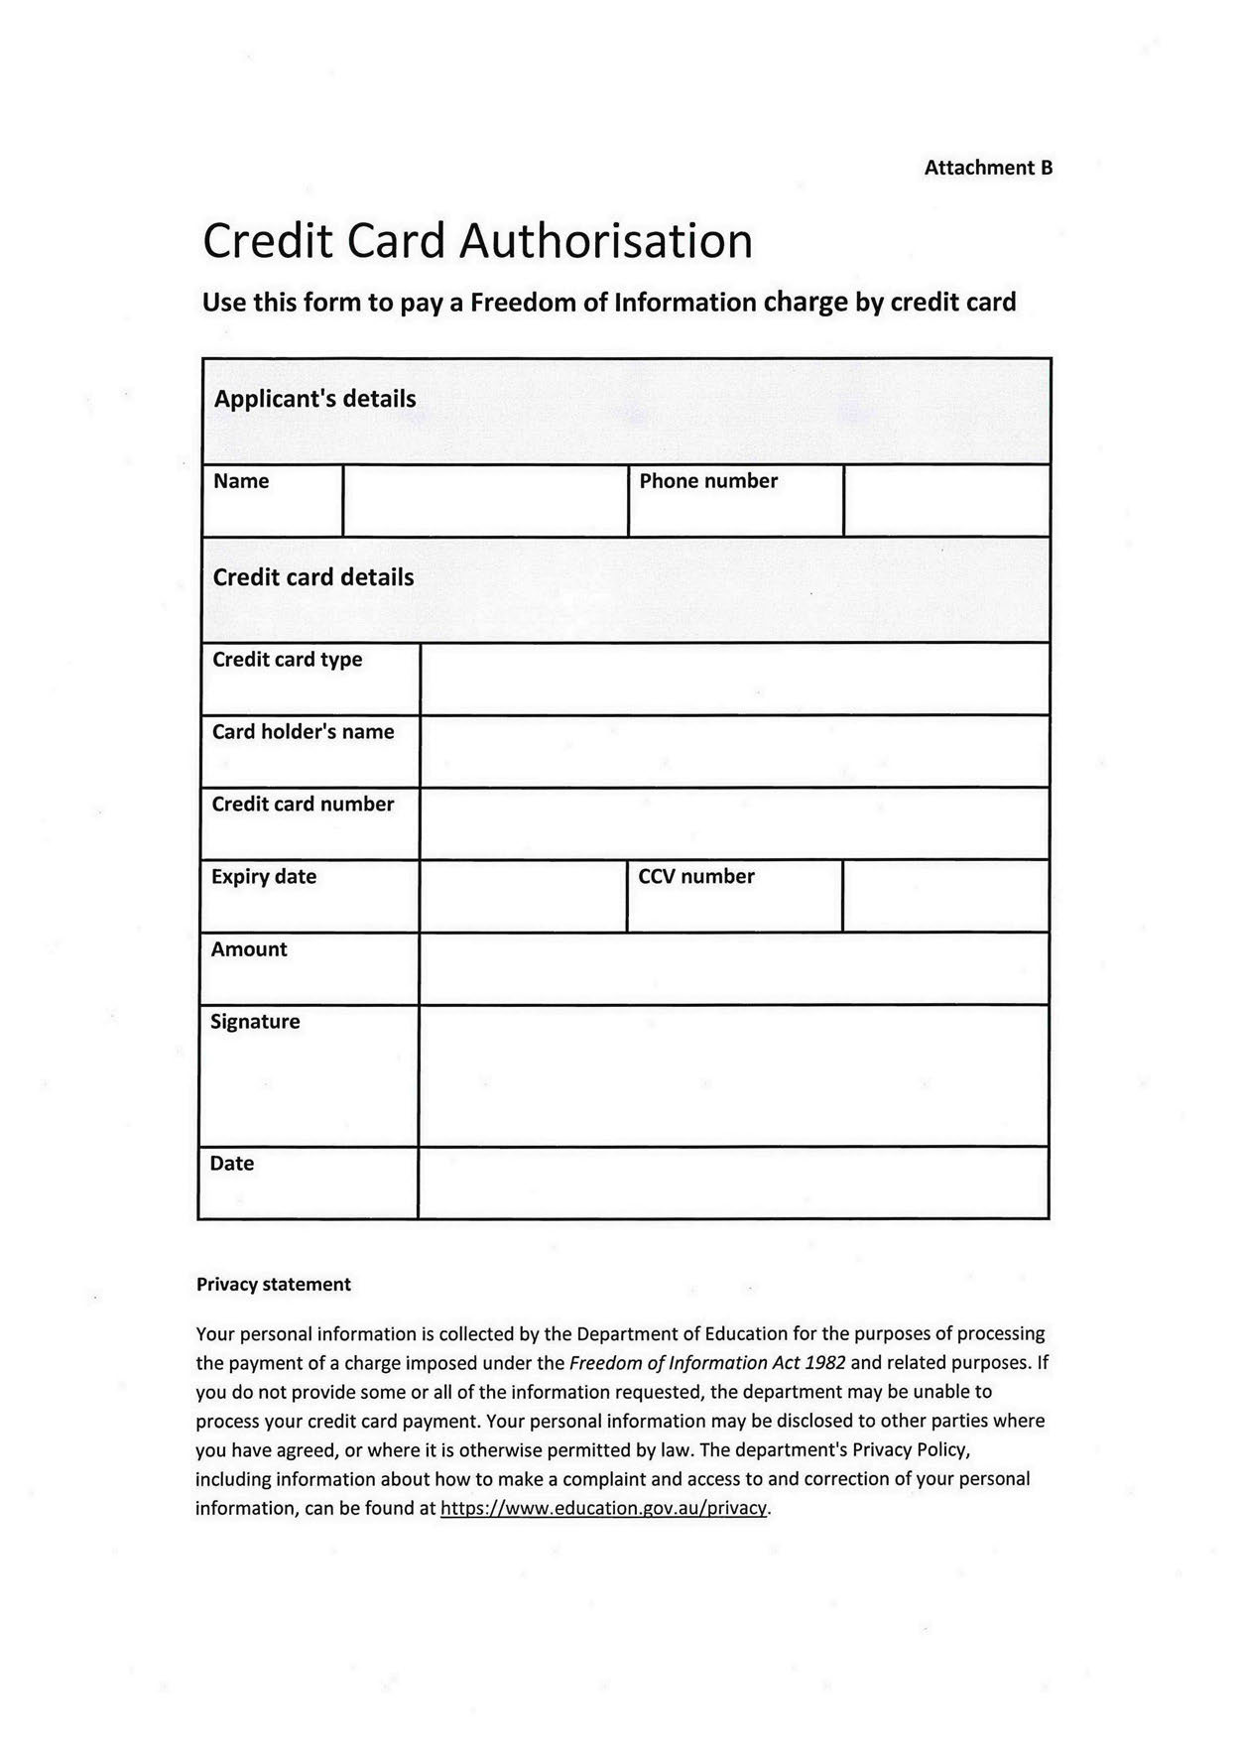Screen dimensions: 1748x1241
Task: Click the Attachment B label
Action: [987, 168]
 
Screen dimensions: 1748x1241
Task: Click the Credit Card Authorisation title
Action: [477, 241]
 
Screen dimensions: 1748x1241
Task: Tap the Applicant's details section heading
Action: [314, 399]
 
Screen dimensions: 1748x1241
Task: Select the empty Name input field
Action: [485, 501]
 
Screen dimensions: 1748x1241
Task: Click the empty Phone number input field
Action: [946, 501]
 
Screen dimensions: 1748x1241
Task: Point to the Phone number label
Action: [708, 481]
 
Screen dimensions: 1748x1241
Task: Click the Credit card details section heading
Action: [312, 577]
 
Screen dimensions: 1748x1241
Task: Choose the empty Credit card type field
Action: [734, 679]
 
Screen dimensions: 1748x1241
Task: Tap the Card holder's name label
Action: [303, 732]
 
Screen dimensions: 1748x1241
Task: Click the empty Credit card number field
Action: [734, 823]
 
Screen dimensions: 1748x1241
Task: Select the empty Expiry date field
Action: [523, 896]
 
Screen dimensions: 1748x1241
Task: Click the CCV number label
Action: [695, 877]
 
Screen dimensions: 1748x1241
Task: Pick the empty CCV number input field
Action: [945, 896]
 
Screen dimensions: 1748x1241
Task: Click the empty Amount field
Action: [734, 968]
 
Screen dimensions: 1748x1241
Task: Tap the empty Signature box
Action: [734, 1075]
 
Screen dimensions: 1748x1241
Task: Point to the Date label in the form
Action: [231, 1164]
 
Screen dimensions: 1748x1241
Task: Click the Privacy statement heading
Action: [273, 1285]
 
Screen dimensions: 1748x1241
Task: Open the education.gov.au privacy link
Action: [603, 1509]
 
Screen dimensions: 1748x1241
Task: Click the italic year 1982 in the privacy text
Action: [825, 1363]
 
